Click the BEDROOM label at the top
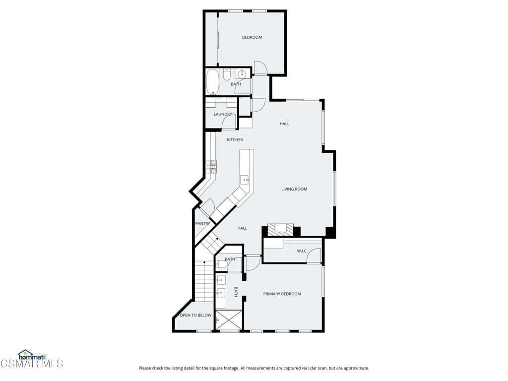pos(252,37)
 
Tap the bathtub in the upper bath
pos(212,82)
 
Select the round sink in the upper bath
pos(242,74)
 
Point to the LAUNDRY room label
pos(223,114)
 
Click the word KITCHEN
pos(235,140)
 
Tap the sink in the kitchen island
pos(245,180)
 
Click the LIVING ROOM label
pos(294,189)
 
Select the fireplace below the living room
pos(281,230)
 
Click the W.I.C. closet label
pos(303,251)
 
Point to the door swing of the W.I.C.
pos(315,255)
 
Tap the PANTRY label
pos(202,224)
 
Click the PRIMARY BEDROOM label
pos(282,294)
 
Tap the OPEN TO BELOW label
pos(195,316)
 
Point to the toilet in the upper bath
pos(227,74)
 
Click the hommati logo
pos(32,355)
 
